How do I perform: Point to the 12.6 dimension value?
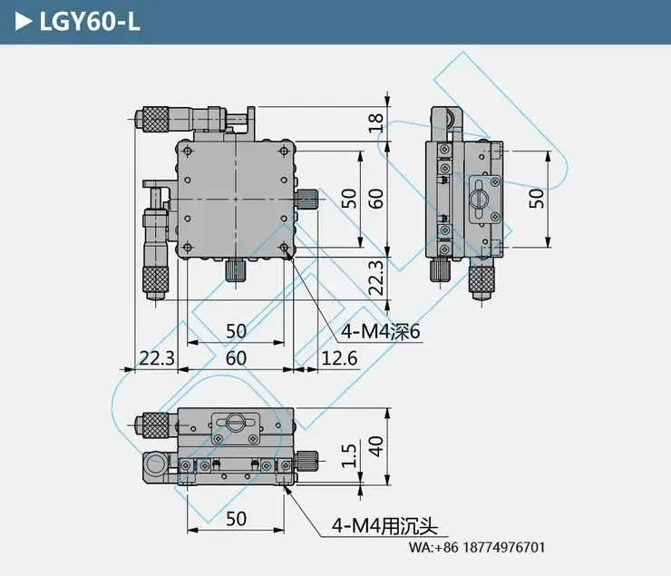pyautogui.click(x=339, y=358)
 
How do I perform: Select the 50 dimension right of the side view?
pyautogui.click(x=538, y=199)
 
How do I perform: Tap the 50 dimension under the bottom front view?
pyautogui.click(x=236, y=519)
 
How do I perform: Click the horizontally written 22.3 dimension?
pyautogui.click(x=155, y=358)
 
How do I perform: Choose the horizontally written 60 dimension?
pyautogui.click(x=236, y=358)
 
